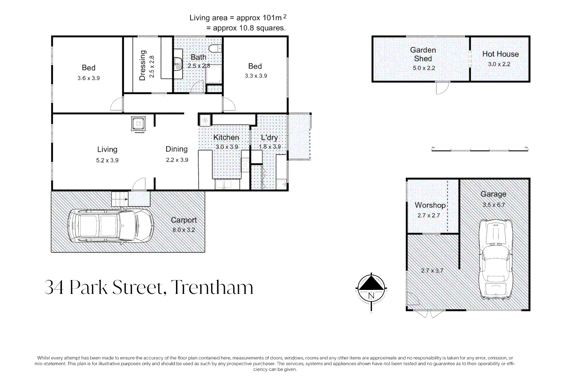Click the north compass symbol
371,289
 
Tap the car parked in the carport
110,226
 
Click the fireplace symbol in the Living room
138,124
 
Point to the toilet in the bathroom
215,49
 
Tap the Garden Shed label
423,55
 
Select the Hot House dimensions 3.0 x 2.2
499,64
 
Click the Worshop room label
430,205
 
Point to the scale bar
480,150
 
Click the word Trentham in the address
212,287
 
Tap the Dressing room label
142,65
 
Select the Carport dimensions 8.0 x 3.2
183,230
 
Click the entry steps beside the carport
120,199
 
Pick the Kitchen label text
226,138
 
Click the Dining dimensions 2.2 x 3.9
177,160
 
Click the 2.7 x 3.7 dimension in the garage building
432,271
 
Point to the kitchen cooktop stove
245,165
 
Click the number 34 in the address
54,287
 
